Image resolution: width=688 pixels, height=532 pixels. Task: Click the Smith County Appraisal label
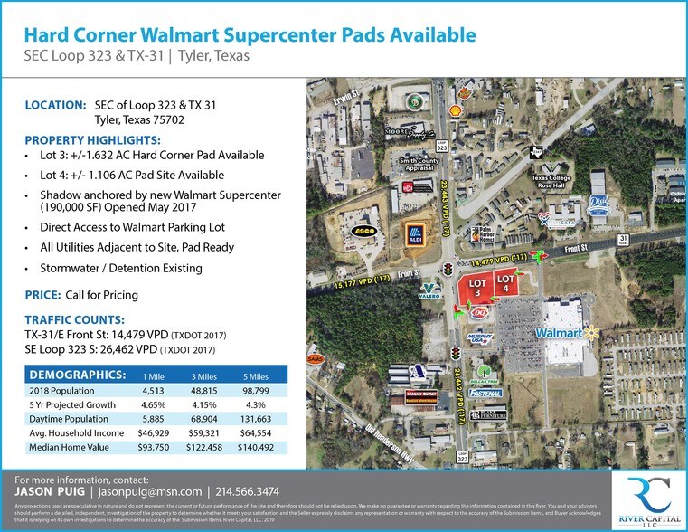419,165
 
